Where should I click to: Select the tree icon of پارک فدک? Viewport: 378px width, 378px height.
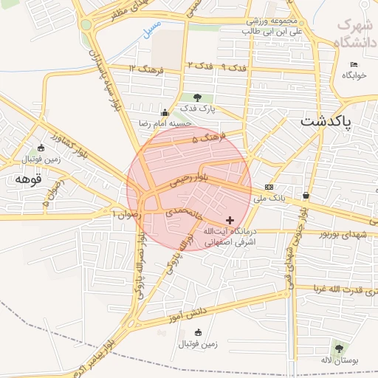196,97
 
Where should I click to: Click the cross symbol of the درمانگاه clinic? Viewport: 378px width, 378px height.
230,220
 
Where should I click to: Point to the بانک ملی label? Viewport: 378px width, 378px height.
269,198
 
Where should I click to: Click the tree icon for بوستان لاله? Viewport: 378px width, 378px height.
339,348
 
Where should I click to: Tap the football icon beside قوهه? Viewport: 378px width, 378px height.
40,147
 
